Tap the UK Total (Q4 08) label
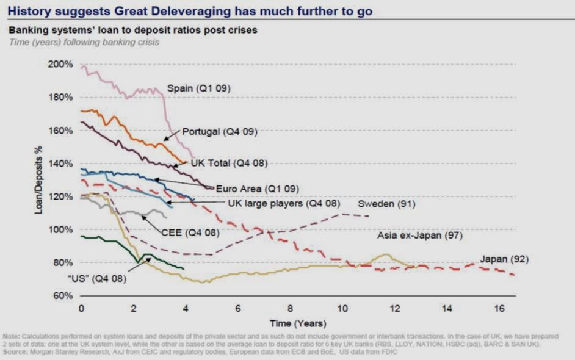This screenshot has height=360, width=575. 230,163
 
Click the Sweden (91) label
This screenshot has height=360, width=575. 386,204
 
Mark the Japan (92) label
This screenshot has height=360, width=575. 504,259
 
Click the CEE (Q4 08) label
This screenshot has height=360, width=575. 190,232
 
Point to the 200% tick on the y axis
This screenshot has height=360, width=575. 61,64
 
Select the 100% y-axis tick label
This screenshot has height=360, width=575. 61,229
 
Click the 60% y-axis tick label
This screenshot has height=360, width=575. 63,296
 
